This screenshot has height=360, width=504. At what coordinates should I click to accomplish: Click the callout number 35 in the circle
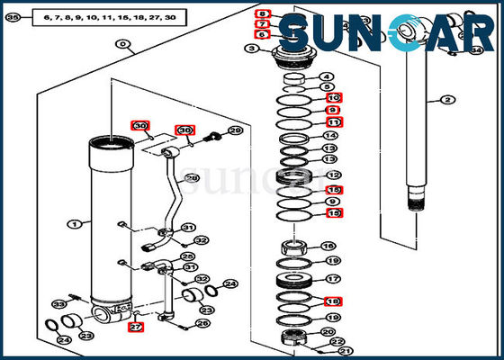coord(13,17)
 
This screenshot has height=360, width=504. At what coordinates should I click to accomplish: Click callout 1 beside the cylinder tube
coord(73,223)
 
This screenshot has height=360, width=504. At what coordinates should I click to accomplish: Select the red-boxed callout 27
coord(136,327)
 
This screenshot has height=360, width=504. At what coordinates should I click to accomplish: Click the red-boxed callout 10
coord(333,97)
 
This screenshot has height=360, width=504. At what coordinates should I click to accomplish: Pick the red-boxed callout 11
coord(333,121)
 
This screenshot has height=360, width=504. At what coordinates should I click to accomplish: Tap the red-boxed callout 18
coord(333,301)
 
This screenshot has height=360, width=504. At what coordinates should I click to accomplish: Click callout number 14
coord(331,136)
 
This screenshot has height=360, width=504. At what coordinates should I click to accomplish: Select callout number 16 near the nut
coord(329,246)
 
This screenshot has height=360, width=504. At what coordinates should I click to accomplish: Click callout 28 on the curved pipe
coord(192,179)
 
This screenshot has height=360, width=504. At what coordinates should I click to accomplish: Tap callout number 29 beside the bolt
coord(235,131)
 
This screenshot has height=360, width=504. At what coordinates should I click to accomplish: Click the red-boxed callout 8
coord(262,14)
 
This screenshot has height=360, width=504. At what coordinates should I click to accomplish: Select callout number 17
coord(331,280)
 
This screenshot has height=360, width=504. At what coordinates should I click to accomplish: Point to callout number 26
coord(203,323)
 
